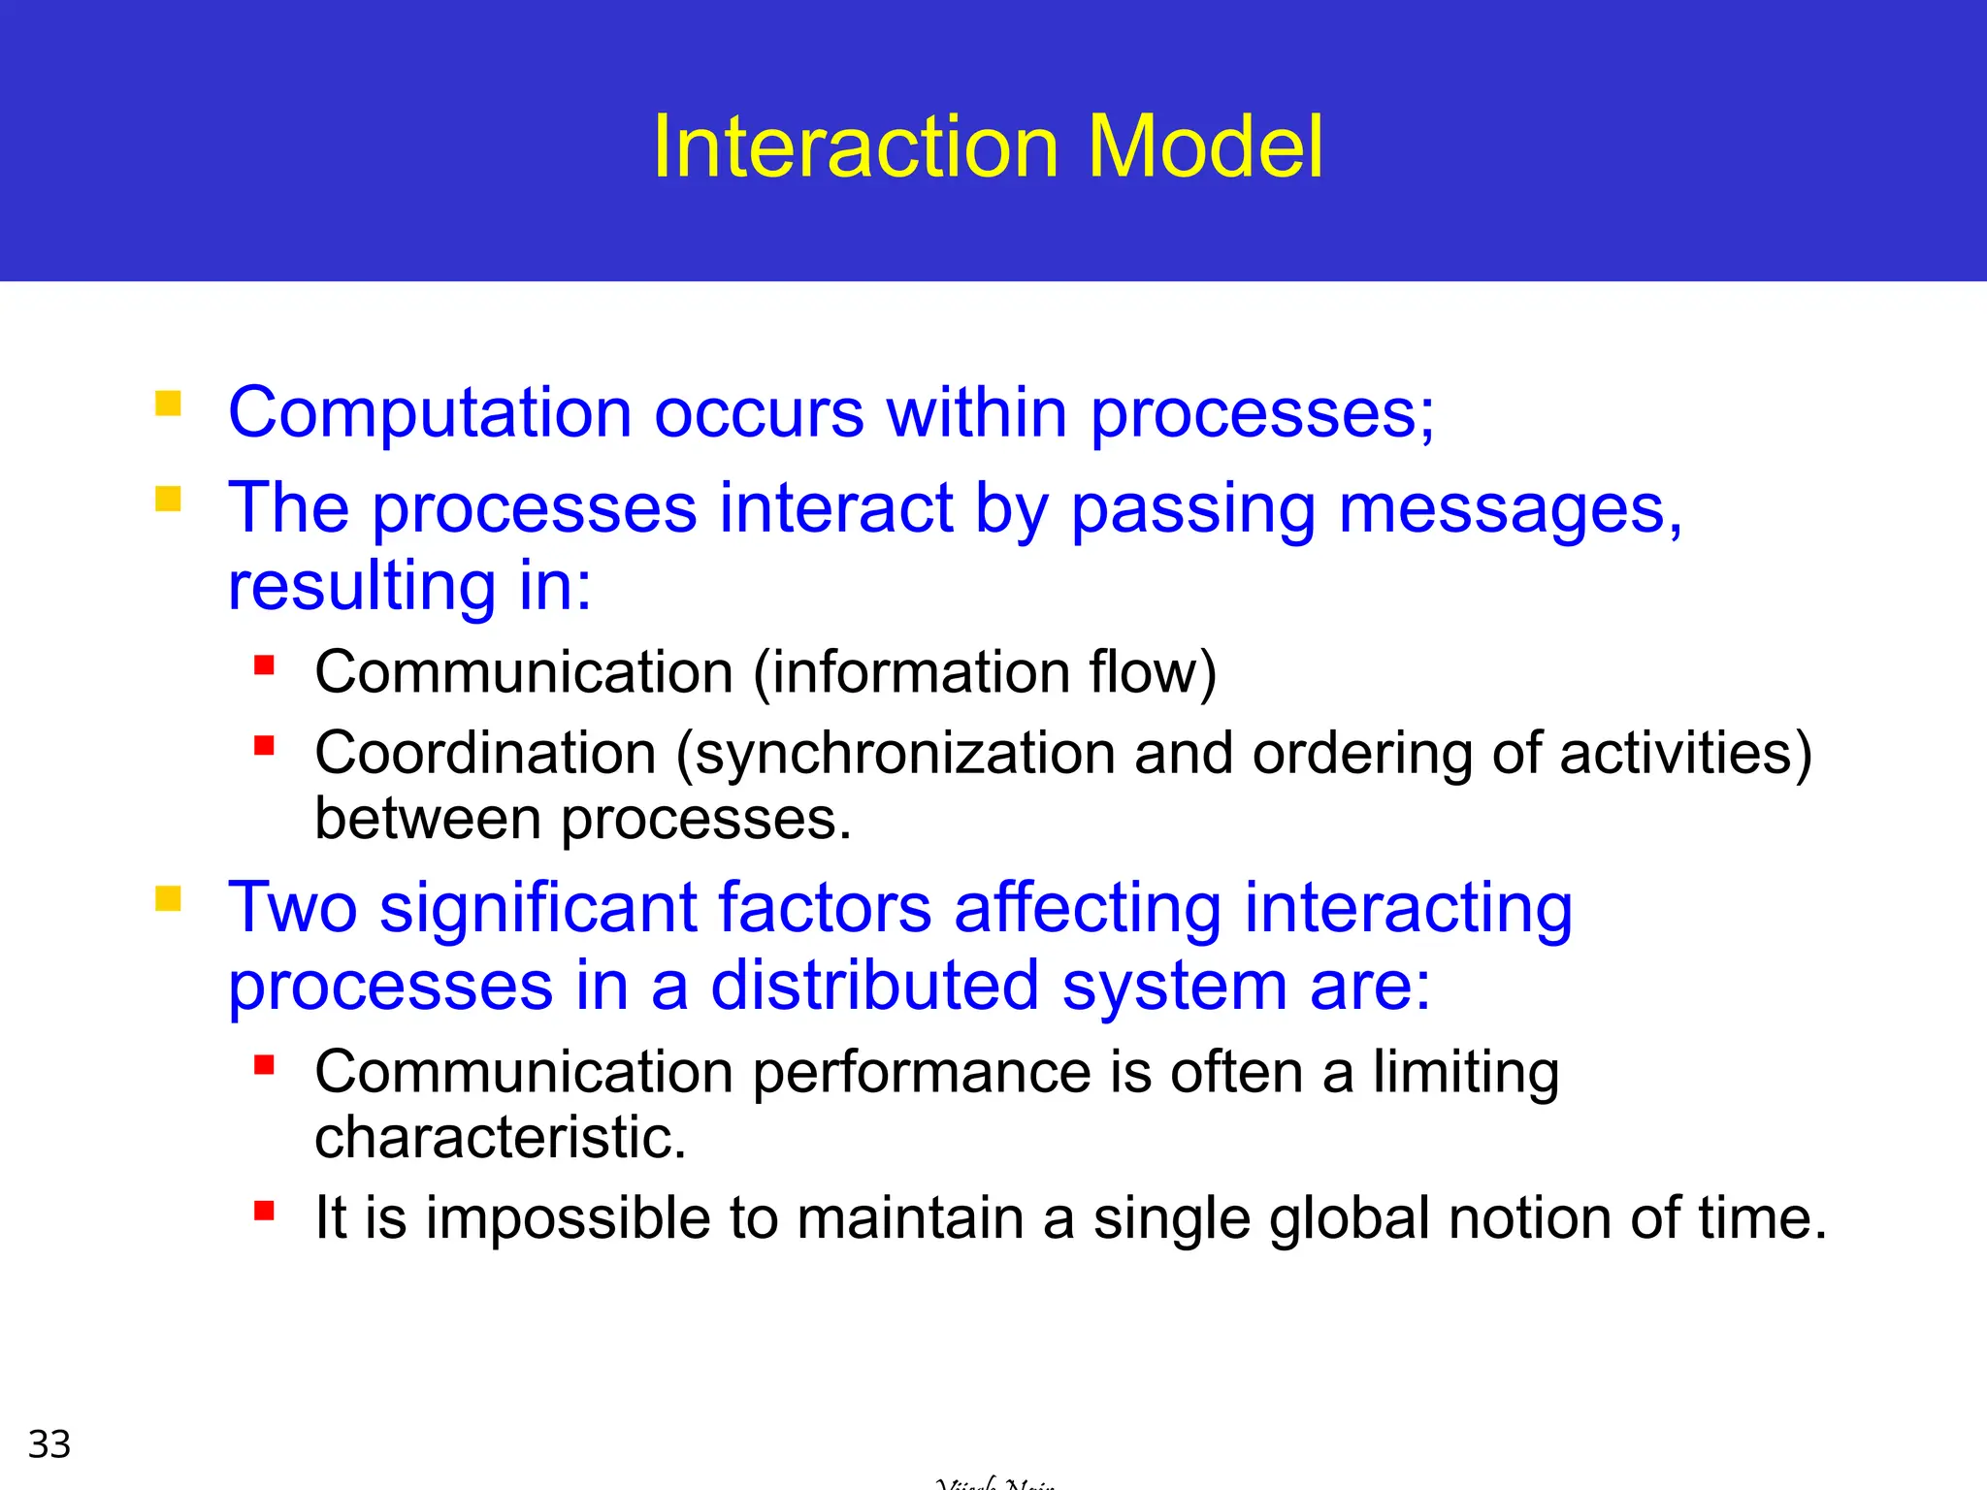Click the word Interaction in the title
855,146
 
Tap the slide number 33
49,1443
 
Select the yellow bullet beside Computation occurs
169,403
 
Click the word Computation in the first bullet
430,413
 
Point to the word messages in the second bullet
1509,509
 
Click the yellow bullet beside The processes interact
169,499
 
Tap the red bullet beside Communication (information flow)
264,664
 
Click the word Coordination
485,753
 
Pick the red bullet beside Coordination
264,745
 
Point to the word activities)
1685,753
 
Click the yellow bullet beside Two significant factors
169,898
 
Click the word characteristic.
500,1137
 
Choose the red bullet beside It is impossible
264,1210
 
